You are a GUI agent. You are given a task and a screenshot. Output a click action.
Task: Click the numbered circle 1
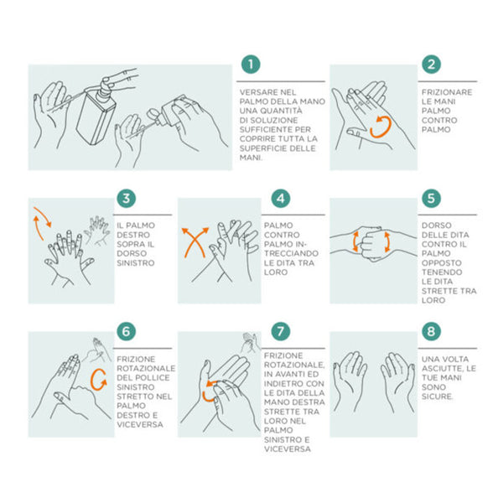click(x=251, y=65)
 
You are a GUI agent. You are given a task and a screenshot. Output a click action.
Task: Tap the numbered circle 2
click(x=431, y=65)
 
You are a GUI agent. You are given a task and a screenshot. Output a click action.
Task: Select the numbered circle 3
click(x=126, y=198)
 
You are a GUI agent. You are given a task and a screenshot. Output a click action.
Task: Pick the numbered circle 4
click(x=281, y=198)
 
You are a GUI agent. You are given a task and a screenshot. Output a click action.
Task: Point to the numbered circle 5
click(x=431, y=198)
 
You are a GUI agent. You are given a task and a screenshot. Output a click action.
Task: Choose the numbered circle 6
click(x=126, y=331)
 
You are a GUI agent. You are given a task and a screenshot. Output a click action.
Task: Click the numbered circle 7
click(x=281, y=331)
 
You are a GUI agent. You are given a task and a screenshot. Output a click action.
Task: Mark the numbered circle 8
click(x=431, y=331)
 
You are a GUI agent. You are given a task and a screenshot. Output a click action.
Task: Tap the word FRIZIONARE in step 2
click(x=447, y=92)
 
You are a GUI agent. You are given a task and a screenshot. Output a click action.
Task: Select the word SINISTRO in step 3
click(x=136, y=263)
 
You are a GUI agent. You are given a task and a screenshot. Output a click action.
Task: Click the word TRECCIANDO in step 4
click(x=291, y=253)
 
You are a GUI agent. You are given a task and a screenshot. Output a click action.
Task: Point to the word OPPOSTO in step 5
click(x=442, y=263)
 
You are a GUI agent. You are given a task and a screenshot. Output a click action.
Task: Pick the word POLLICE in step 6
click(x=152, y=378)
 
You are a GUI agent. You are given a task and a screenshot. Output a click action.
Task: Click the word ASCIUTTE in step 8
click(x=442, y=369)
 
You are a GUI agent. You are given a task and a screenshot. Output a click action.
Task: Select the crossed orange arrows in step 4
click(x=195, y=241)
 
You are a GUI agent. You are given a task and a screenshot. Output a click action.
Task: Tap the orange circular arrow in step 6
click(x=92, y=379)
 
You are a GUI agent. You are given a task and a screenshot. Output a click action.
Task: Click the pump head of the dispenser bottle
click(x=105, y=84)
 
